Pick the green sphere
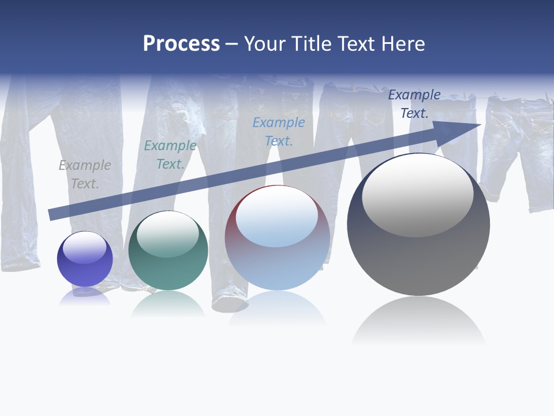pyautogui.click(x=168, y=251)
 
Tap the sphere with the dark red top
pyautogui.click(x=278, y=238)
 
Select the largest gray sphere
pyautogui.click(x=418, y=225)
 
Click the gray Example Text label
pyautogui.click(x=85, y=174)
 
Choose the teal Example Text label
pyautogui.click(x=170, y=155)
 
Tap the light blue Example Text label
pyautogui.click(x=279, y=132)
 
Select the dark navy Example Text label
pyautogui.click(x=414, y=104)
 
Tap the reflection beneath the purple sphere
pyautogui.click(x=85, y=296)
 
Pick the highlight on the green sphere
pyautogui.click(x=167, y=234)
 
